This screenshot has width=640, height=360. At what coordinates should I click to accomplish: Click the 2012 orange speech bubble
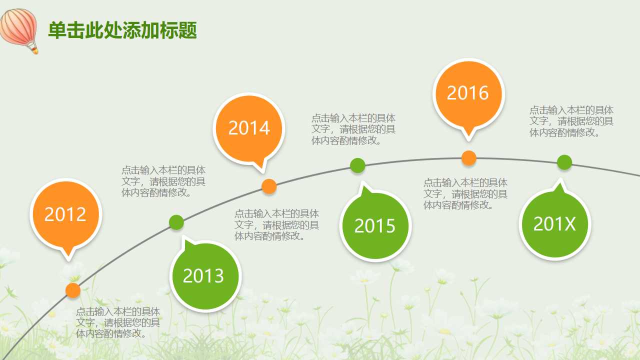(x=65, y=214)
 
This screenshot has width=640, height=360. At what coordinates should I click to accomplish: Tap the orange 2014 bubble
(x=249, y=128)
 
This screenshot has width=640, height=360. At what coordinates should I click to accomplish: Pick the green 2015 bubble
(x=375, y=226)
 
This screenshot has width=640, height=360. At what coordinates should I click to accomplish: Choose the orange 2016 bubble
(x=468, y=93)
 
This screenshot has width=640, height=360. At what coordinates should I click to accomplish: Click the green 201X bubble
(x=555, y=224)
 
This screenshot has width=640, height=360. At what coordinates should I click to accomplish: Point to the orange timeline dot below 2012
(x=73, y=290)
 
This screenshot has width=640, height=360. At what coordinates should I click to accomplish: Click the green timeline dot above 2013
(x=176, y=222)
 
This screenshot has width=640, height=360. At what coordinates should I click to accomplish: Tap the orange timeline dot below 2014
(x=269, y=186)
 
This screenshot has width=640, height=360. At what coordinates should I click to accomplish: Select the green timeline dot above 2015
(x=357, y=165)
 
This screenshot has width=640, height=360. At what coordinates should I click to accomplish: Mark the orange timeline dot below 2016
(x=468, y=158)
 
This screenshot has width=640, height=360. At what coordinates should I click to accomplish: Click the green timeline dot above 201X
(x=564, y=162)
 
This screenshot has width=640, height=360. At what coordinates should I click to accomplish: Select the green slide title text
(x=122, y=30)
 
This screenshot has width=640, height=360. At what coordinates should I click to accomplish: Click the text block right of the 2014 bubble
(x=353, y=129)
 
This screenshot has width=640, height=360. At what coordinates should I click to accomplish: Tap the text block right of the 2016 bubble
(x=571, y=121)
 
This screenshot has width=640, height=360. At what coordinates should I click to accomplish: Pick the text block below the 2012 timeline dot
(x=118, y=322)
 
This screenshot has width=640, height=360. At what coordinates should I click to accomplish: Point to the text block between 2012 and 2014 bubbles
(x=163, y=181)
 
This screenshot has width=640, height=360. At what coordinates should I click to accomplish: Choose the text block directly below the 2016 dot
(x=465, y=194)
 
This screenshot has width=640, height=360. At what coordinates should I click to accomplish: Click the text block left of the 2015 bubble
(x=276, y=225)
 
